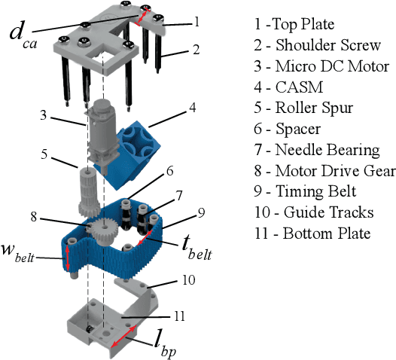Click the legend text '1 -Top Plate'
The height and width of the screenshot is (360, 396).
[x=294, y=25]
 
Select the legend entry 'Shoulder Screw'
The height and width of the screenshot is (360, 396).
[x=318, y=45]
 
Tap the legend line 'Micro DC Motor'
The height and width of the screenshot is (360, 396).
[x=321, y=66]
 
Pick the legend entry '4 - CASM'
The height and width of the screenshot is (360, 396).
[x=288, y=87]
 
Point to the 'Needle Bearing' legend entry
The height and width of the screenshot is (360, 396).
[x=317, y=150]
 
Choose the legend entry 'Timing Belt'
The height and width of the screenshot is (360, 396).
[x=306, y=191]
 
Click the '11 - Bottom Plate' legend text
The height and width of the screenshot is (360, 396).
[x=312, y=233]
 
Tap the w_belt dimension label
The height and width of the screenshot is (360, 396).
[x=17, y=253]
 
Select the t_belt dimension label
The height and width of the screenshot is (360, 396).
[x=196, y=250]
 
